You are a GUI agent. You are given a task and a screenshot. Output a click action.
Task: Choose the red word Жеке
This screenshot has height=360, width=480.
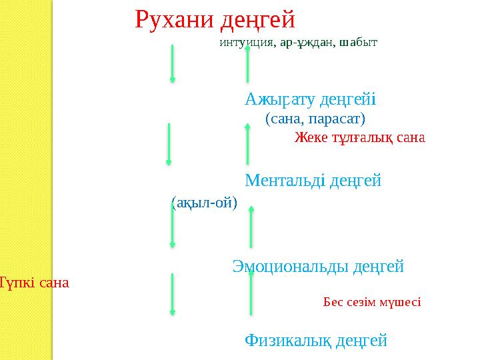pyautogui.click(x=309, y=138)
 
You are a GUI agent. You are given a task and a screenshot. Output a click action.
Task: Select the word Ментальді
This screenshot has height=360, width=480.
pyautogui.click(x=284, y=180)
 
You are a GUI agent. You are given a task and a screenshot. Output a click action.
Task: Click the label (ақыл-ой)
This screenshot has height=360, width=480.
pyautogui.click(x=204, y=203)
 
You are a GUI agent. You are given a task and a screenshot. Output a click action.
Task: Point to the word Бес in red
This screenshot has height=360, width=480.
pyautogui.click(x=332, y=301)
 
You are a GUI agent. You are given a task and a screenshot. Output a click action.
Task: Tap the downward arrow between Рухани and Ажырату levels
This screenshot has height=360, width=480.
pyautogui.click(x=173, y=64)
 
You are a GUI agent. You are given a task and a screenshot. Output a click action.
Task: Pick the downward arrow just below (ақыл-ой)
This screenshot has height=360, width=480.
pyautogui.click(x=173, y=226)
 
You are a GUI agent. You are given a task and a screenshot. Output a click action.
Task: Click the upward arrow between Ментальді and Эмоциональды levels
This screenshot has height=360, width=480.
pyautogui.click(x=251, y=227)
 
